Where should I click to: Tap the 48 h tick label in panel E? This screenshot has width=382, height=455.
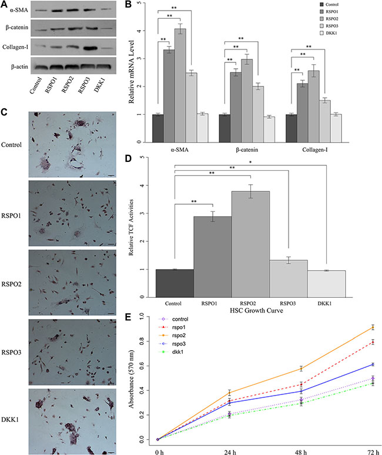pyautogui.click(x=286, y=451)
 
